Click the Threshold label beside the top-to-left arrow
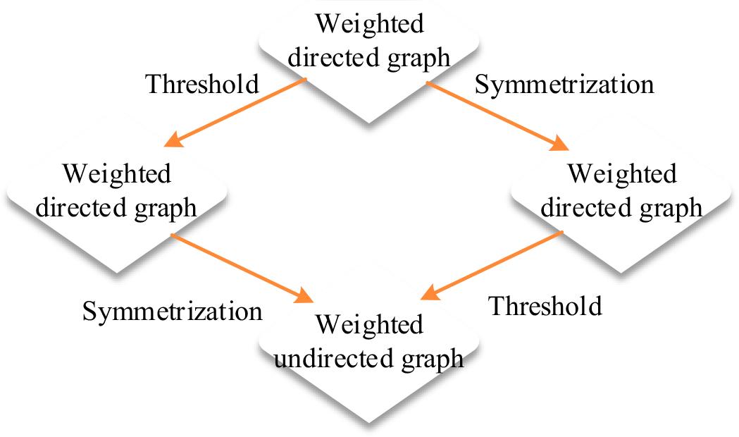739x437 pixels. [201, 84]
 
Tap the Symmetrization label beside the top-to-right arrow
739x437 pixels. [564, 85]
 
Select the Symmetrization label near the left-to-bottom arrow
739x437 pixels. [173, 310]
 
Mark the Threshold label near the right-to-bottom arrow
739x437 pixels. [546, 305]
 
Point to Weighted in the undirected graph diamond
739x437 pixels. [369, 326]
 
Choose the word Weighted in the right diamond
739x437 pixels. [621, 174]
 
